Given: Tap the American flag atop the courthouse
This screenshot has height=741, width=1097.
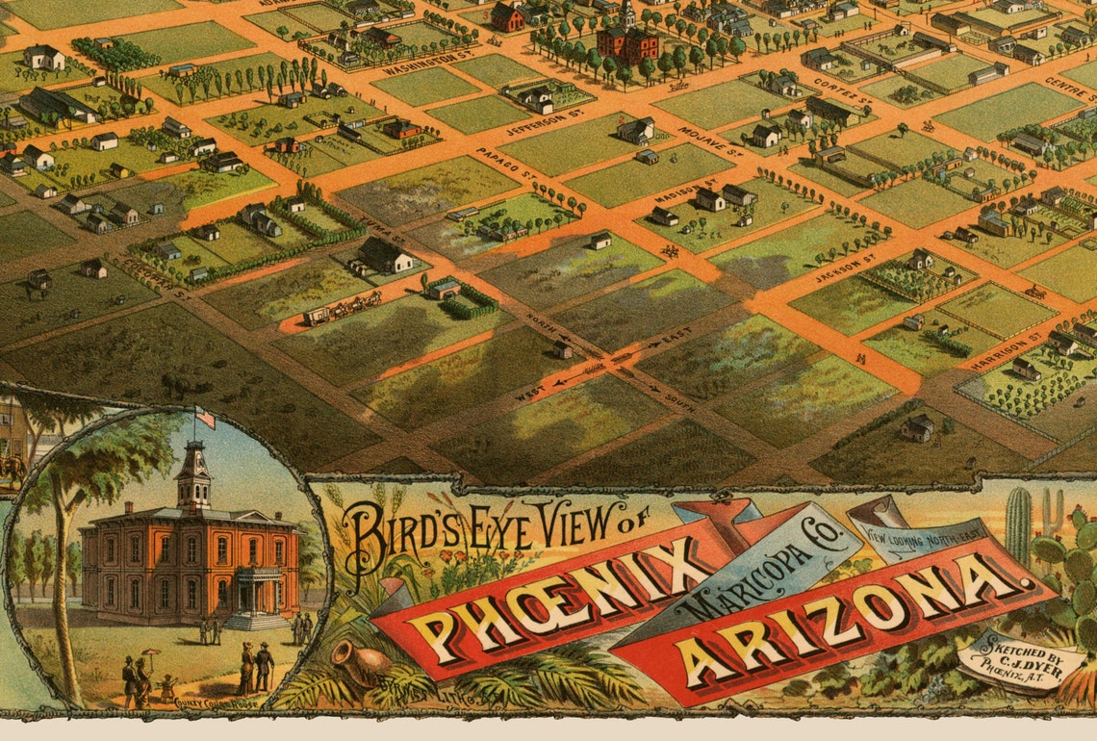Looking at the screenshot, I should (203, 419).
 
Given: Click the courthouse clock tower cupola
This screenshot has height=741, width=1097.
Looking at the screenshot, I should (193, 476).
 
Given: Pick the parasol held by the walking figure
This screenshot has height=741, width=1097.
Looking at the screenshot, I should (149, 654).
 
